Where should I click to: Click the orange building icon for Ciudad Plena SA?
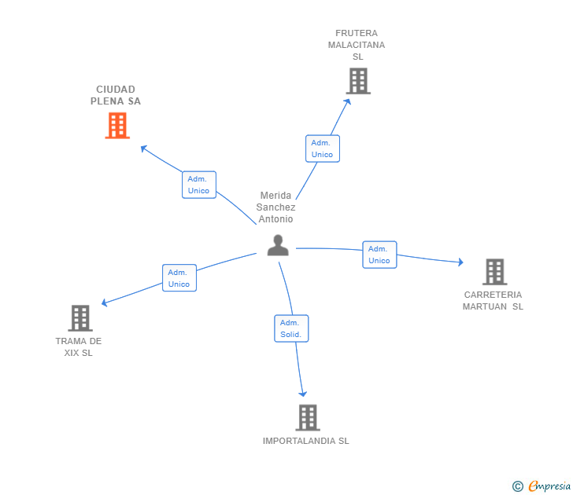coord(117,126)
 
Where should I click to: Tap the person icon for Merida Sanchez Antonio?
coord(278,246)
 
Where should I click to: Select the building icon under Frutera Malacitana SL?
coord(358,81)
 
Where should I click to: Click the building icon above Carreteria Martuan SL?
coord(494,272)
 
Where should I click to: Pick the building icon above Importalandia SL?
coord(308,417)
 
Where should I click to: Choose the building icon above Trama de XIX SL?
coord(80,318)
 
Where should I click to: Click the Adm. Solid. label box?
coord(291,328)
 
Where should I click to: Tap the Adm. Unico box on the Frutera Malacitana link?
coord(322,148)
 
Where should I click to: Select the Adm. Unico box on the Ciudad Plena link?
coord(198,185)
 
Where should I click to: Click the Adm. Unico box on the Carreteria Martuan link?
coord(379,255)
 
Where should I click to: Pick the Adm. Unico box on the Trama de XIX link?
coord(179,278)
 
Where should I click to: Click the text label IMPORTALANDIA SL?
coord(306,442)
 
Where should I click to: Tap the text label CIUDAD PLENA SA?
coord(116,95)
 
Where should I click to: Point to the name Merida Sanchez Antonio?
coord(275,207)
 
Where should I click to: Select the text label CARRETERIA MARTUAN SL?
coord(493,301)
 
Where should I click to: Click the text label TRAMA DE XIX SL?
coord(79,347)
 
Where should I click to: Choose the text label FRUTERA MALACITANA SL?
coord(357,45)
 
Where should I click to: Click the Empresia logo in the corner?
coord(542,486)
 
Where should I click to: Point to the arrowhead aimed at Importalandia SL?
coord(302,394)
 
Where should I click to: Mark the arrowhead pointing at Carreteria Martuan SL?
coord(460,262)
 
